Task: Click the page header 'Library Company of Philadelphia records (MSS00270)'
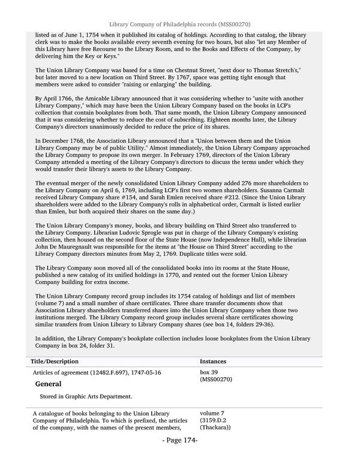pos(179,24)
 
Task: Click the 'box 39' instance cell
pos(210,372)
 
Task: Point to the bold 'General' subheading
pos(48,384)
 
